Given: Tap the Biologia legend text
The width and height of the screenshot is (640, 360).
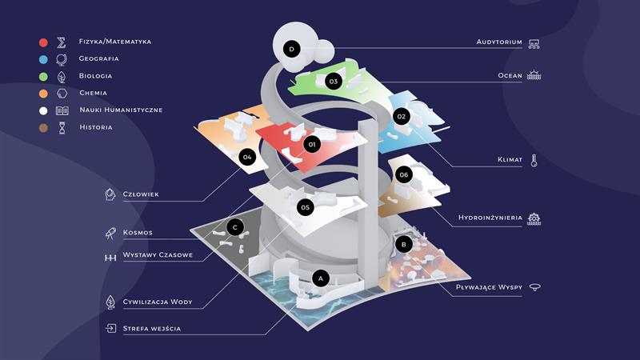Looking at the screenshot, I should pos(95,76).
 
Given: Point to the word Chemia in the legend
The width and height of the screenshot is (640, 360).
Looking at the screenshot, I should pos(93,93).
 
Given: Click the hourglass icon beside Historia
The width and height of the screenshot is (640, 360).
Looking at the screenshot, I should pos(62,127).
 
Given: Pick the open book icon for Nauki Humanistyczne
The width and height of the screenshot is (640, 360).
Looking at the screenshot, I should pos(62,110).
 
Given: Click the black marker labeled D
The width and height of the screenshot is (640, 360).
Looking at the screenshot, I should pos(292,50).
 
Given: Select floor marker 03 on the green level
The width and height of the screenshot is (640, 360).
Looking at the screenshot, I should pos(333,81).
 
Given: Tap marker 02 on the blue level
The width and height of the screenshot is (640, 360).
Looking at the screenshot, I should pos(402,117).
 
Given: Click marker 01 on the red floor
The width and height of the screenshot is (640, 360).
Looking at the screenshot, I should pos(312,145).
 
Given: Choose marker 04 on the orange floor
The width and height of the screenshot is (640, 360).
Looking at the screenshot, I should pos(247,157).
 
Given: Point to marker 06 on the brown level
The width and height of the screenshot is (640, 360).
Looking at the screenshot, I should pos(403,174).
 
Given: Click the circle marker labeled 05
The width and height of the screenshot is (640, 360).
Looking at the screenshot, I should pos(305,207).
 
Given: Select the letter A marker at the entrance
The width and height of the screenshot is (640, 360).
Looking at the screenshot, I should pos(321,278).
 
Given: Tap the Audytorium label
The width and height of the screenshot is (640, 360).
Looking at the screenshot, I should pos(499,42).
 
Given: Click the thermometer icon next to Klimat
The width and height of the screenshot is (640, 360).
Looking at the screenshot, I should pos(534,160).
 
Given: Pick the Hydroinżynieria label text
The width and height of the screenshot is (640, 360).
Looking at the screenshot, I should pos(490,217).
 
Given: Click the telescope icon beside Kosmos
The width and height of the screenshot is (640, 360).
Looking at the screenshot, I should pos(111,233).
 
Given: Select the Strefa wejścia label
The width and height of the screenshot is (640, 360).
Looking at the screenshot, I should pos(151,328).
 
